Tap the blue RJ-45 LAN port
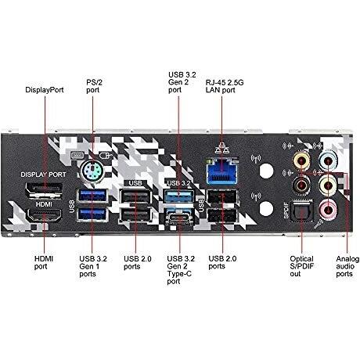pyautogui.click(x=222, y=171)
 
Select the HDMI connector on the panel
pyautogui.click(x=44, y=216)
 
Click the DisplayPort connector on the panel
pyautogui.click(x=44, y=190)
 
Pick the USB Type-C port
pyautogui.click(x=180, y=218)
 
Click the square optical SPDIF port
pyautogui.click(x=301, y=211)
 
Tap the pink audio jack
pyautogui.click(x=329, y=209)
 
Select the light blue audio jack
pyautogui.click(x=329, y=161)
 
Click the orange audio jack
pyautogui.click(x=301, y=161)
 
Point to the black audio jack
pyautogui.click(x=301, y=185)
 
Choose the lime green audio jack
pyautogui.click(x=329, y=185)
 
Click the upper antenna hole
pyautogui.click(x=266, y=171)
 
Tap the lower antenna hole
pyautogui.click(x=266, y=209)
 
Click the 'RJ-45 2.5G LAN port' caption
pyautogui.click(x=225, y=86)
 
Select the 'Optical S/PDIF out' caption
pyautogui.click(x=302, y=266)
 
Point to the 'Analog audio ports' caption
pyautogui.click(x=347, y=266)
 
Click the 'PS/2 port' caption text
pyautogui.click(x=94, y=86)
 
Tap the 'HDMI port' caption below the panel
pyautogui.click(x=44, y=263)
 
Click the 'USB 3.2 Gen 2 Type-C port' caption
pyautogui.click(x=181, y=270)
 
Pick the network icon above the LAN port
pyautogui.click(x=222, y=148)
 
